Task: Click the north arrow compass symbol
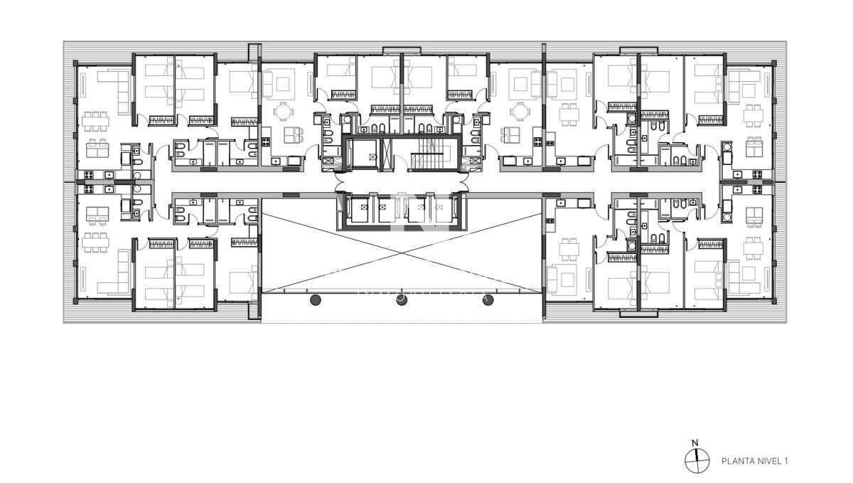point(697,460)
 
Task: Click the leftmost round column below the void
point(316,300)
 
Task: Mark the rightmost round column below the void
point(488,300)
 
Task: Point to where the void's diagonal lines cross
point(402,252)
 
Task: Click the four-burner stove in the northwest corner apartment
point(90,174)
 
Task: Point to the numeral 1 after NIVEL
point(786,461)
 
